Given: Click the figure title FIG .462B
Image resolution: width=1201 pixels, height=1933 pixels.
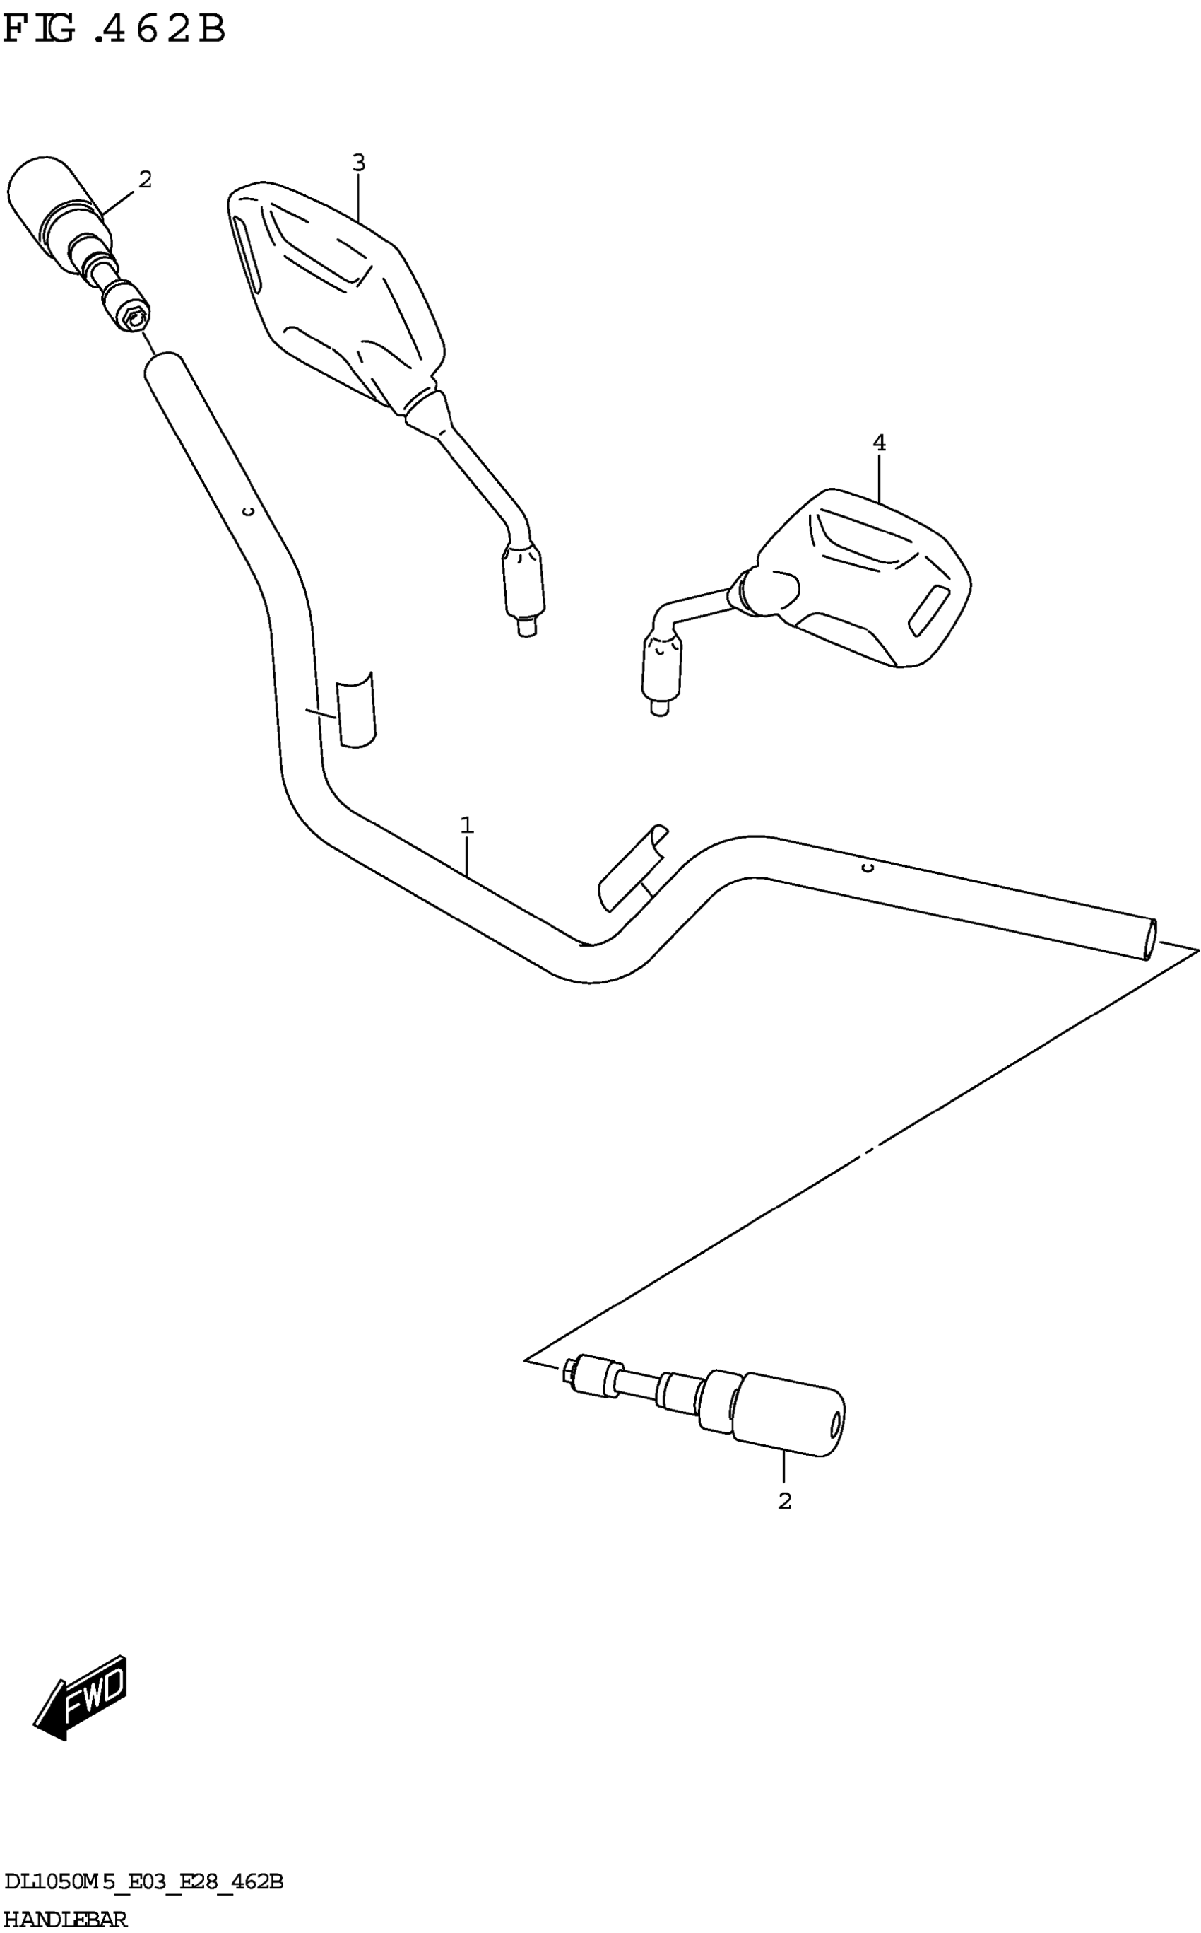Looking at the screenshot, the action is (x=115, y=30).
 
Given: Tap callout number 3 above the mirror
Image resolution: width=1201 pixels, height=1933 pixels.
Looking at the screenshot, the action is (x=358, y=163).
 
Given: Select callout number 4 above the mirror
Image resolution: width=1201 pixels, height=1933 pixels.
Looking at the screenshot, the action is (x=879, y=443).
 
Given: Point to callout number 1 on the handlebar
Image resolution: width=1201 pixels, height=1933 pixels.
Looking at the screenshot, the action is (x=467, y=825).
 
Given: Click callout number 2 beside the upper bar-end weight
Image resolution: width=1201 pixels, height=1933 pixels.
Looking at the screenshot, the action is (x=145, y=180).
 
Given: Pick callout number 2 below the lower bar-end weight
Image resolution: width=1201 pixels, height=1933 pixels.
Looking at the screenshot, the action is (x=785, y=1502).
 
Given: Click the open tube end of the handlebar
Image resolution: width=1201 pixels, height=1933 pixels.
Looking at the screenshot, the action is (x=1149, y=940).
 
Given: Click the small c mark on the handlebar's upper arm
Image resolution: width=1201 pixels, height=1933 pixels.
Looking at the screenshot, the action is (x=248, y=512).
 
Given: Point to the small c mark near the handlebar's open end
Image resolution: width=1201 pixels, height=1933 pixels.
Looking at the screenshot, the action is (x=868, y=867).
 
